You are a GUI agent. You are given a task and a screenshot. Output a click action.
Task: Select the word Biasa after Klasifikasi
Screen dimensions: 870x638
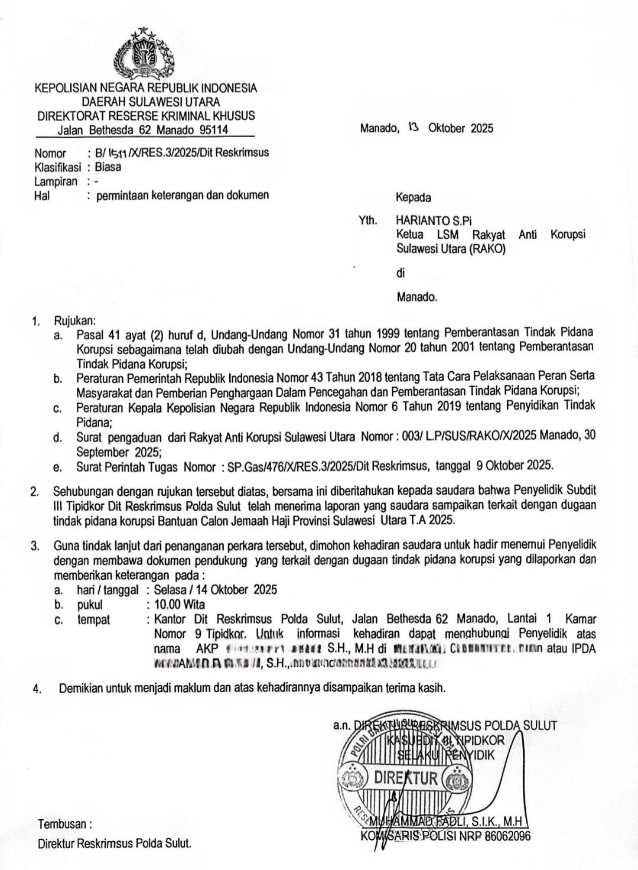[108, 167]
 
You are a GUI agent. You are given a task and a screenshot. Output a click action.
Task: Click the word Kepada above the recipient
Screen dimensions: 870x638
[413, 197]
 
